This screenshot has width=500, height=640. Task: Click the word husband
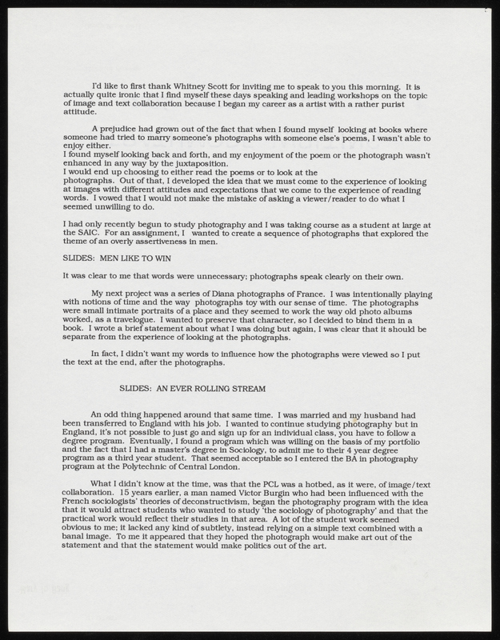click(x=386, y=414)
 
